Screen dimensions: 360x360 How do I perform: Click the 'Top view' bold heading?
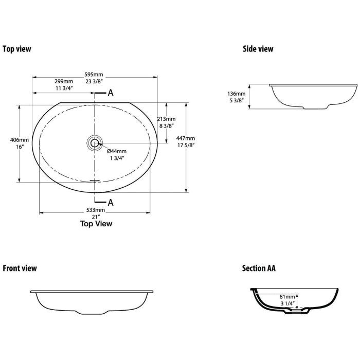point(17,49)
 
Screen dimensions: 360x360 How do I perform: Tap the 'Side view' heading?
point(258,49)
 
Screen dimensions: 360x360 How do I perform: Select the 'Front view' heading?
point(20,268)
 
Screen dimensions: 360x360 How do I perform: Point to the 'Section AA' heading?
point(259,268)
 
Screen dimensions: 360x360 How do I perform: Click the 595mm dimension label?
point(94,75)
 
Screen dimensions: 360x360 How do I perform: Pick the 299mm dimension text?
point(64,81)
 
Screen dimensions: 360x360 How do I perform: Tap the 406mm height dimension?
point(20,140)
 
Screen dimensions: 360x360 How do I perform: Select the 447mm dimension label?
point(186,138)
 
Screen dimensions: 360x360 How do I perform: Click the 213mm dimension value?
point(166,119)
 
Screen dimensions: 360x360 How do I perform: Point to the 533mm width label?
point(96,210)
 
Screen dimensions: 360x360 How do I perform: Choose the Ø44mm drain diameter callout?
point(117,151)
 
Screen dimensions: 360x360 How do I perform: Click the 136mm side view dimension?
point(237,94)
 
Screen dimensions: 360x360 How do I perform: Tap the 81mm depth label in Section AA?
point(287,297)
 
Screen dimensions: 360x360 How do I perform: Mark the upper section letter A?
point(111,93)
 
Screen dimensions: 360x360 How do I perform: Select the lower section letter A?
point(111,203)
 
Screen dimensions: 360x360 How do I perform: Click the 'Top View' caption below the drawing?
point(96,224)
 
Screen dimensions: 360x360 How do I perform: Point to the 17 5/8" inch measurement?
point(186,146)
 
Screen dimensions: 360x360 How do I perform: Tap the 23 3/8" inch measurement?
point(94,81)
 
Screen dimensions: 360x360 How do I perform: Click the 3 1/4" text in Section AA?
point(287,303)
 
